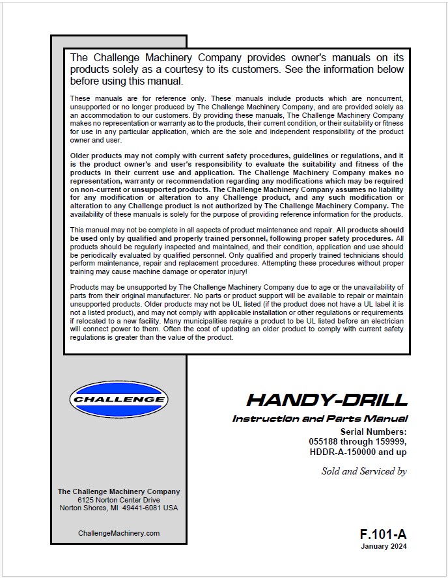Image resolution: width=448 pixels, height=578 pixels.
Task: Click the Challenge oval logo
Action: pos(119,399)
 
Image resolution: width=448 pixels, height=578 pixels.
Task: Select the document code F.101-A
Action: pos(383,534)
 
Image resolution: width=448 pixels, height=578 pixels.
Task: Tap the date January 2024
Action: pos(384,547)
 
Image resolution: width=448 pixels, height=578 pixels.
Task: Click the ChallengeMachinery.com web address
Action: pos(119,533)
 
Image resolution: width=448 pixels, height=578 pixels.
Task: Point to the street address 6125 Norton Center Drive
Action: pos(119,500)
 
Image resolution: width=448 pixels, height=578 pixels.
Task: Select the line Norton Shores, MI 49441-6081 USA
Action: pos(119,508)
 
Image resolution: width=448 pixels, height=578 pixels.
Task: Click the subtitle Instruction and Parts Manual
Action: pos(320,419)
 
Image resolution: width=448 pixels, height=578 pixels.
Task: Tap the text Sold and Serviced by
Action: pos(364,471)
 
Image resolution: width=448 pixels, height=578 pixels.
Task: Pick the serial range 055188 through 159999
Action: pos(357,441)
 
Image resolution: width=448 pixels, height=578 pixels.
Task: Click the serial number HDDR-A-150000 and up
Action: pos(357,452)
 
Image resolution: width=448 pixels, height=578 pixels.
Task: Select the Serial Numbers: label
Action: pos(373,432)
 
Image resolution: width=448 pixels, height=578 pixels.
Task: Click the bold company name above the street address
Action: pos(119,491)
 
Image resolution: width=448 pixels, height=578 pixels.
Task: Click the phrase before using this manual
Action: pos(127,81)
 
